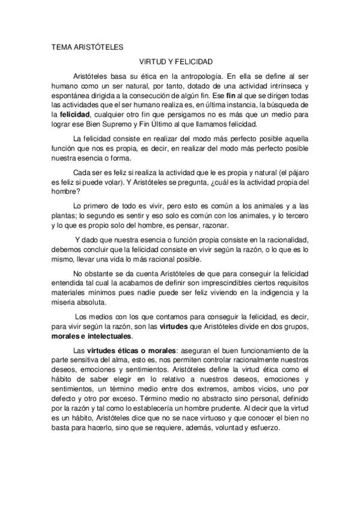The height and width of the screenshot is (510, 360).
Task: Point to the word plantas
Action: point(63,215)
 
